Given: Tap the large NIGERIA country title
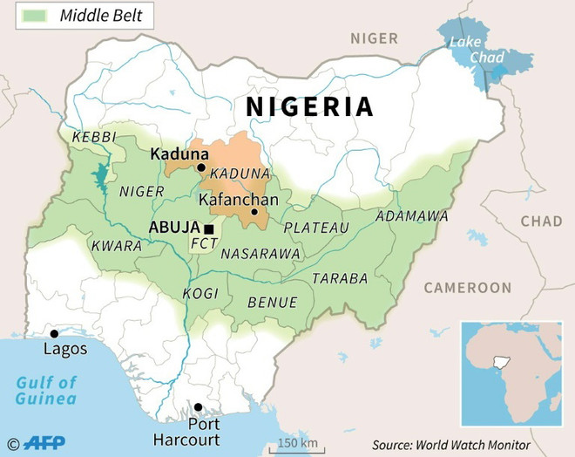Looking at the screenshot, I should [309, 106].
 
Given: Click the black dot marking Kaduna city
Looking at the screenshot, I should [200, 167].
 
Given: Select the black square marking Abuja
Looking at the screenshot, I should [208, 228].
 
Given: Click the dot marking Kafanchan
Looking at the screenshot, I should [254, 212].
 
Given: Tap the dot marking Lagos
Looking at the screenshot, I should [54, 333].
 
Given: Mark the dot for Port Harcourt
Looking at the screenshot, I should [199, 407].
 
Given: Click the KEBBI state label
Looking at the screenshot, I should [93, 138].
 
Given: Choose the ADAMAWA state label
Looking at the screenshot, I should [411, 215].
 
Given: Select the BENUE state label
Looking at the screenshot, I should [273, 302].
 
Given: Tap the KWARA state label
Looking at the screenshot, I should [116, 246].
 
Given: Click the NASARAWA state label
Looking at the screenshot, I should [260, 253].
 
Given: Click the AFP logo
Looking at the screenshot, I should [44, 443].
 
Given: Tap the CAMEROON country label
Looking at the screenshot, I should [468, 288].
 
